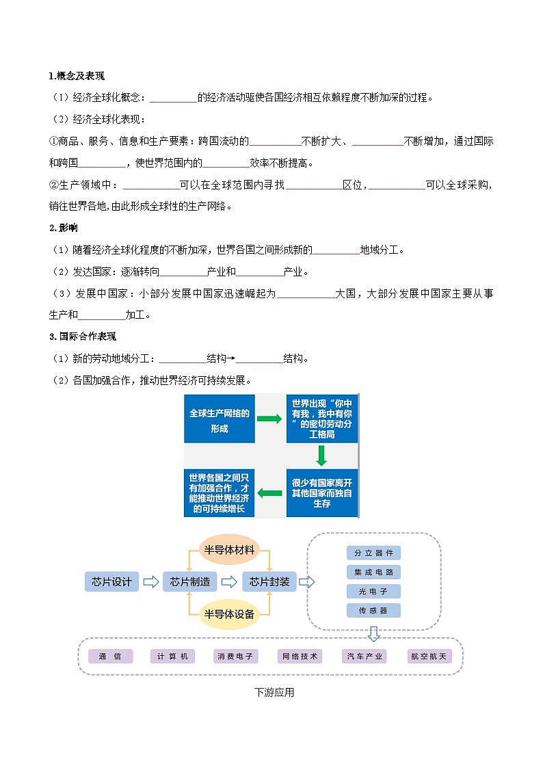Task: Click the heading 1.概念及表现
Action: tap(77, 76)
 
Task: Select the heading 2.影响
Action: tap(63, 228)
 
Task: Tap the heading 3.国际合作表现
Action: tap(83, 336)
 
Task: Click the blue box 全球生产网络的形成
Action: tap(220, 419)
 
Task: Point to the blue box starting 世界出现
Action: tap(322, 419)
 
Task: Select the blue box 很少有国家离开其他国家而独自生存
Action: tap(322, 493)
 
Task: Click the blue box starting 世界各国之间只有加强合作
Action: tap(220, 493)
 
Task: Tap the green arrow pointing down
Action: tap(321, 456)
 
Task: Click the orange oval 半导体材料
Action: tap(229, 550)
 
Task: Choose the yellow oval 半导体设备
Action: tap(229, 614)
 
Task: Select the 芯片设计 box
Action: tap(111, 582)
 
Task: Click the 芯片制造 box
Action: tap(190, 582)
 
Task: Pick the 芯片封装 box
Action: tap(269, 582)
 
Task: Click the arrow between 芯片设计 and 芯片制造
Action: tap(151, 582)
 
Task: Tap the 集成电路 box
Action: tap(373, 572)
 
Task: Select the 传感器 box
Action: tap(373, 610)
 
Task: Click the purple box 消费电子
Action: tap(236, 657)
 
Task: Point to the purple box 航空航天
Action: tap(429, 657)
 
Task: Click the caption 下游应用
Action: tap(274, 692)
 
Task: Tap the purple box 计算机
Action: tap(172, 657)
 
